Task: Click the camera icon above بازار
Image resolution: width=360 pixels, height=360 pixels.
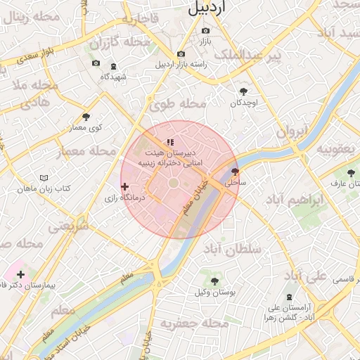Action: click(x=205, y=31)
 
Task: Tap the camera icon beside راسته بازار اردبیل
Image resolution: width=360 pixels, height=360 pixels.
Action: click(x=181, y=54)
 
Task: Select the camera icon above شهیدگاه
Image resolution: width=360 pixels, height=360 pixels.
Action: click(x=96, y=64)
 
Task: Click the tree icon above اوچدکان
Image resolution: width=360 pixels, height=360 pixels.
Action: click(x=243, y=91)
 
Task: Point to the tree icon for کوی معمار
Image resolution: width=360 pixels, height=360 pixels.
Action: click(x=86, y=117)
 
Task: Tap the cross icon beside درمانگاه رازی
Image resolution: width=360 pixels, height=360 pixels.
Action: click(x=125, y=187)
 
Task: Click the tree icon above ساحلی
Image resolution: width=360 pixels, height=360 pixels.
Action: click(x=235, y=171)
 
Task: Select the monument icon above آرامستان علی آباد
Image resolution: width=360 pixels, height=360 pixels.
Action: click(x=288, y=297)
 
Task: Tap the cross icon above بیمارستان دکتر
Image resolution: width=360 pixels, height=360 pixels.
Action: click(x=20, y=275)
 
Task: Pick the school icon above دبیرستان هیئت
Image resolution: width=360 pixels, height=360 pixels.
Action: click(x=169, y=143)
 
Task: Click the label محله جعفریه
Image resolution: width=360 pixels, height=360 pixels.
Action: click(x=195, y=323)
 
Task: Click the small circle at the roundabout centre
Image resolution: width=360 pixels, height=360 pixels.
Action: click(x=173, y=184)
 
